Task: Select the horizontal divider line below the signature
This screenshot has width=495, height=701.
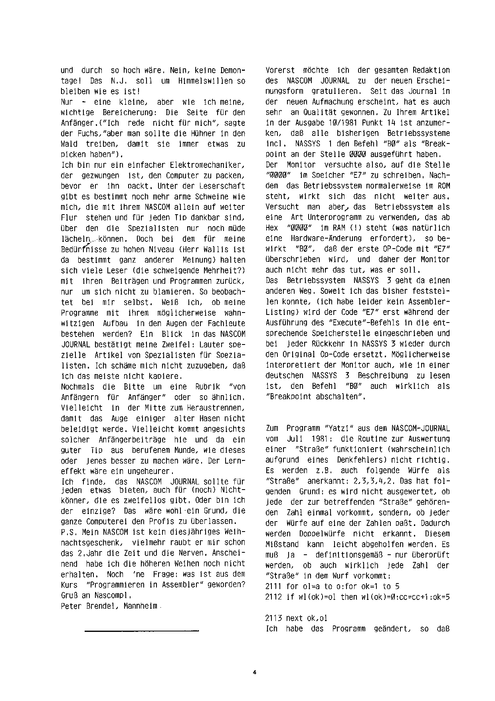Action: [x=142, y=631]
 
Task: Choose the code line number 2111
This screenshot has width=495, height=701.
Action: [x=273, y=586]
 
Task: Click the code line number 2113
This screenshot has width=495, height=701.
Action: [x=273, y=618]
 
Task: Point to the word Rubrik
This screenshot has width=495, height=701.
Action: [x=206, y=387]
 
